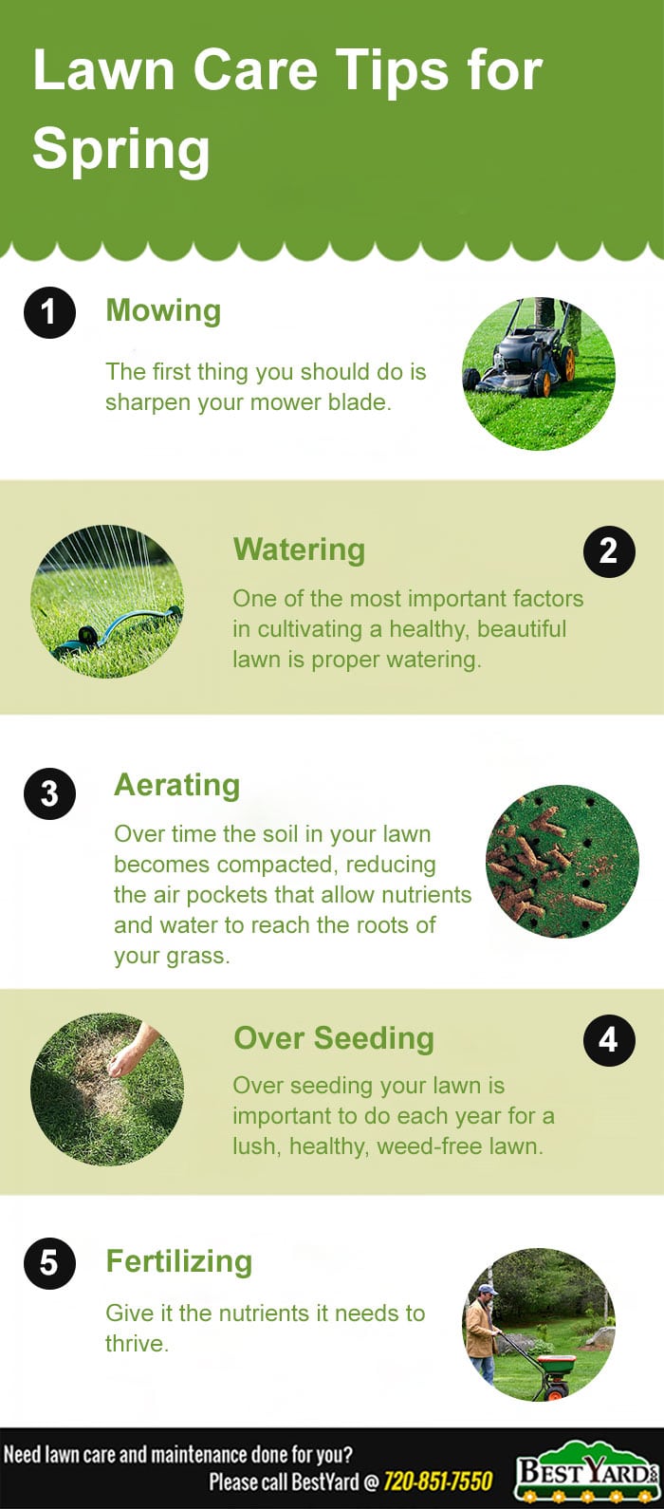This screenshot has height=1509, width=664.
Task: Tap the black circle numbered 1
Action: point(49,312)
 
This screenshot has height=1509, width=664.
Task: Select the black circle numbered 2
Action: point(609,551)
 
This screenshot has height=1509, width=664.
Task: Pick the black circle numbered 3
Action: point(49,793)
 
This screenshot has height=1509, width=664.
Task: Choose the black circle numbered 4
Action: point(609,1040)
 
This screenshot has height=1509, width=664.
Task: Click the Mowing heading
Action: point(163,310)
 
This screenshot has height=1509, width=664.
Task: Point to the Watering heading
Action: point(299,550)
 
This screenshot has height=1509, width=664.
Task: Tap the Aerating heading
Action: point(176,785)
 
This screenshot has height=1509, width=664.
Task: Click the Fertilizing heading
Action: point(179,1261)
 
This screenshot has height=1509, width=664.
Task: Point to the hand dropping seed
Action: point(133,1049)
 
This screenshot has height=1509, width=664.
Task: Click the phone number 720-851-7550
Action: point(437,1481)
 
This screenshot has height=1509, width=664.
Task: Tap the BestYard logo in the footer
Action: point(585,1474)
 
